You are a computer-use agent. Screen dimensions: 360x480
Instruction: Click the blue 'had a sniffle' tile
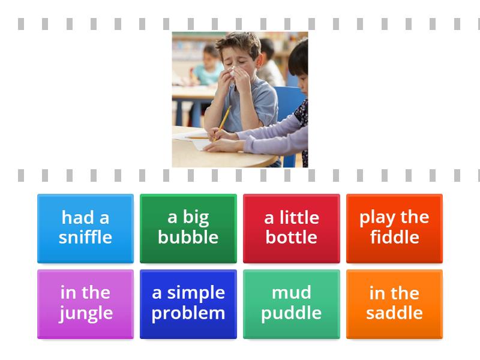tap(85, 228)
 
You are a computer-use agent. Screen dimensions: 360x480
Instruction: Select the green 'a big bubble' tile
tap(188, 228)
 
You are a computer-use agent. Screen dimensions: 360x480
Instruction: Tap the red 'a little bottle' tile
tap(291, 228)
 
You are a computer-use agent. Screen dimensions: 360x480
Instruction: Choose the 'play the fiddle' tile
tap(394, 228)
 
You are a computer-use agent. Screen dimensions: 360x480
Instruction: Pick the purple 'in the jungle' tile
tap(85, 304)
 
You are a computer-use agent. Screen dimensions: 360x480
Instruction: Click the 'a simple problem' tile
tap(188, 304)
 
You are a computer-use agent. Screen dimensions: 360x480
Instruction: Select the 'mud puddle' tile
tap(291, 304)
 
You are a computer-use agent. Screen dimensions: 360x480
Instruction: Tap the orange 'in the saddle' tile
tap(394, 304)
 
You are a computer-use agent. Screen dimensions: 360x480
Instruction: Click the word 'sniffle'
tap(85, 237)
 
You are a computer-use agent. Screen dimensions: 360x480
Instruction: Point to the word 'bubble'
tap(188, 237)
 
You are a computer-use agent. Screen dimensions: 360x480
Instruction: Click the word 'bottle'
tap(291, 237)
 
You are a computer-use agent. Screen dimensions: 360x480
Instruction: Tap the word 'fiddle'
tap(394, 237)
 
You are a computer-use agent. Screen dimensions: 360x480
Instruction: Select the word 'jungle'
tap(85, 313)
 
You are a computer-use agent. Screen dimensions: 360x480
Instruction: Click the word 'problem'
tap(188, 313)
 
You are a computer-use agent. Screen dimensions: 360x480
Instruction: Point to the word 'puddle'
tap(291, 313)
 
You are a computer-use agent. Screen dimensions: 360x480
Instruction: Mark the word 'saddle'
tap(394, 313)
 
